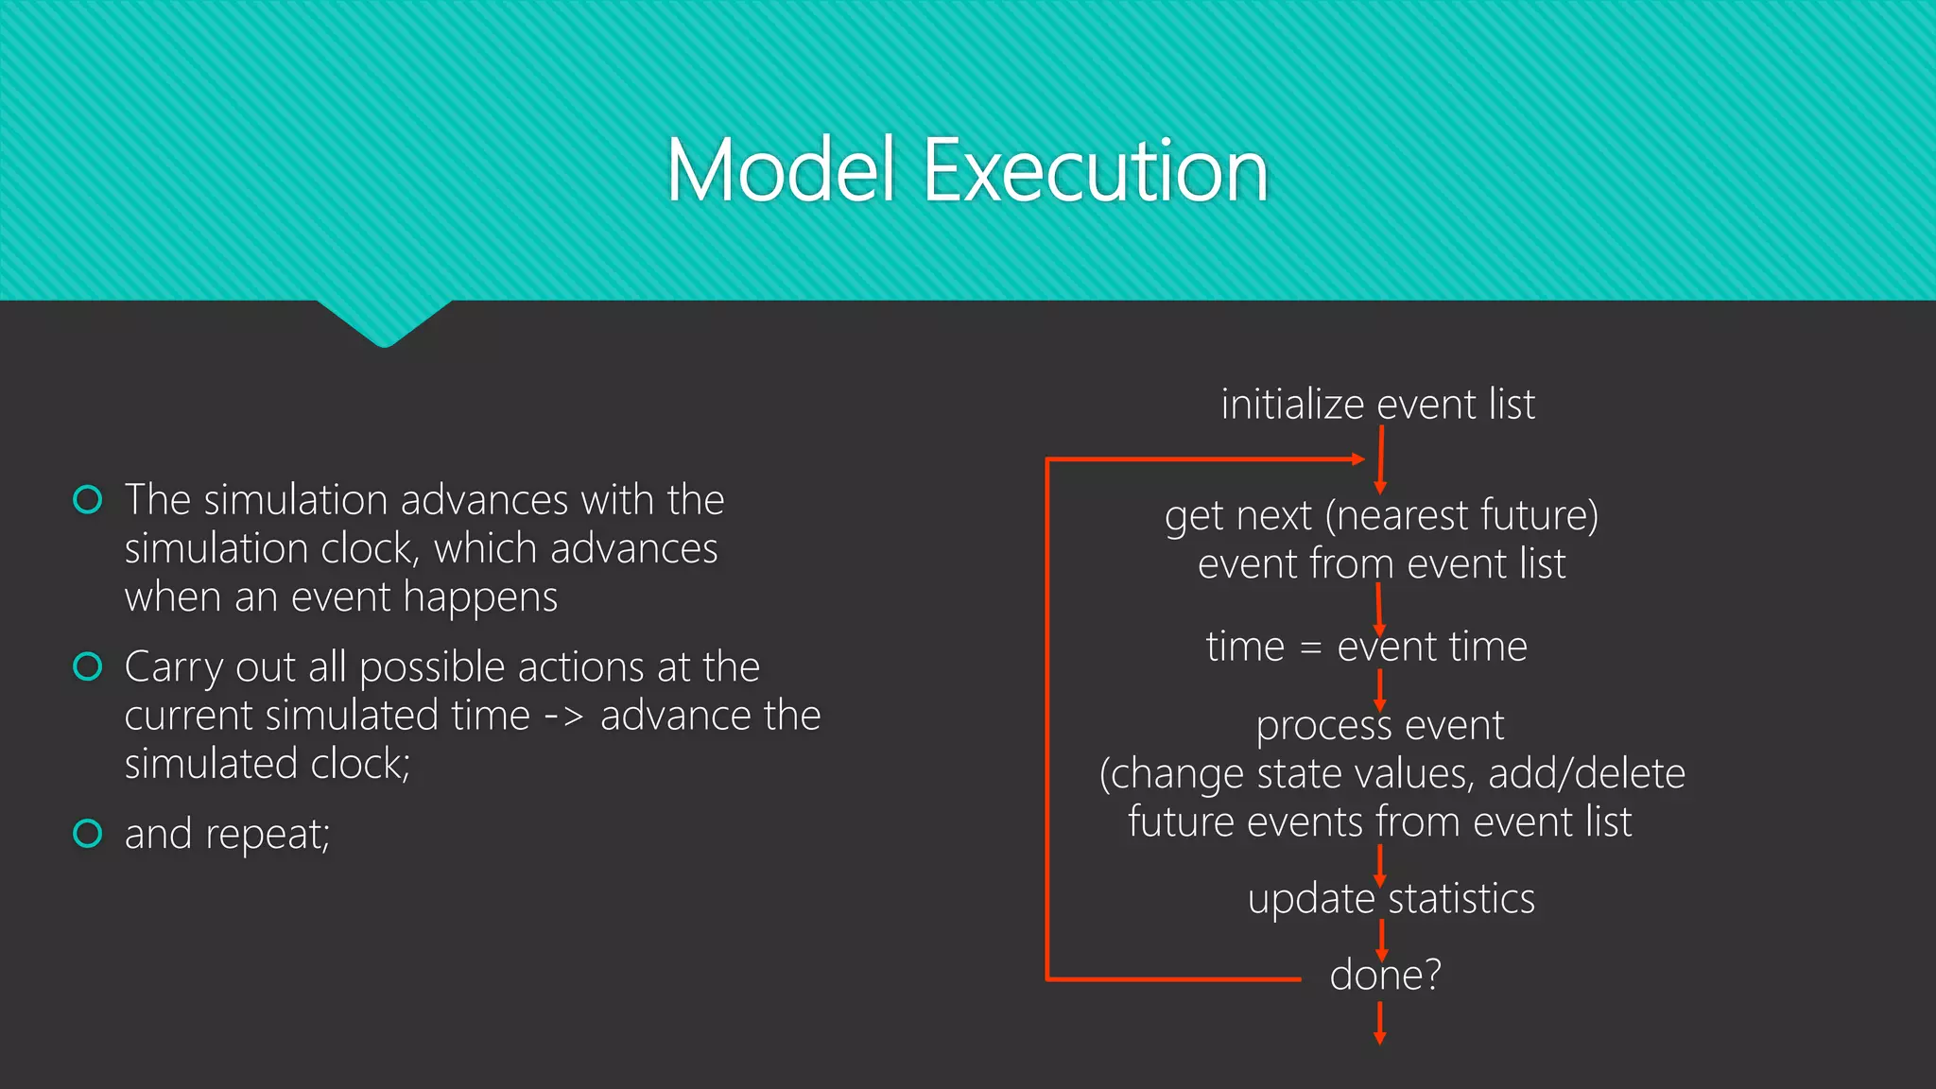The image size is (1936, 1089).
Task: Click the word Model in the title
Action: (x=780, y=171)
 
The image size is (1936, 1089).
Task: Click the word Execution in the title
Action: (x=1095, y=171)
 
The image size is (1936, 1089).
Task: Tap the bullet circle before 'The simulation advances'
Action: (x=88, y=499)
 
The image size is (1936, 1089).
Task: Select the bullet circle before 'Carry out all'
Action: (x=88, y=666)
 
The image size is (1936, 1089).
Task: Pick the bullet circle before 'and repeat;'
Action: (x=88, y=833)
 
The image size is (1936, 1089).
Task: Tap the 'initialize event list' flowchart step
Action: (x=1377, y=405)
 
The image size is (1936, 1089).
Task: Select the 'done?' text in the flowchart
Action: (x=1385, y=975)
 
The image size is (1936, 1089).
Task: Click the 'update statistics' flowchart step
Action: (x=1391, y=898)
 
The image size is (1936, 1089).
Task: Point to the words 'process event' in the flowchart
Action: (x=1379, y=726)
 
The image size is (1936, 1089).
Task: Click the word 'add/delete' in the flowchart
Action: (x=1586, y=774)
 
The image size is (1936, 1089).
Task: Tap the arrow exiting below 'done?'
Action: (x=1379, y=1023)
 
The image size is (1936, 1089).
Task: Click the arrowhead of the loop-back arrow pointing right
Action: (x=1358, y=459)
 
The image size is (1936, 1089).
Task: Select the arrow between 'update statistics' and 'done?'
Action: (x=1381, y=940)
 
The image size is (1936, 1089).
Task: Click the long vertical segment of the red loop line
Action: (x=1047, y=718)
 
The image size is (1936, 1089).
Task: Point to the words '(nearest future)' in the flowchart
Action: (x=1461, y=516)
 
